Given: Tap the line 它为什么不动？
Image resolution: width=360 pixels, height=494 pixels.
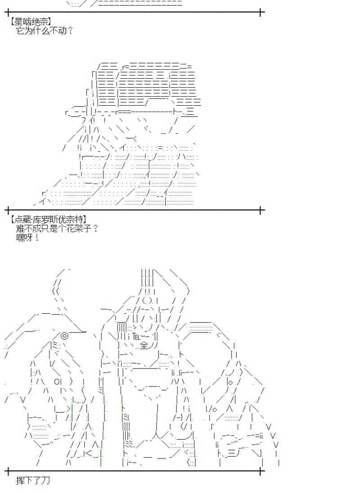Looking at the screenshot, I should click(x=44, y=31).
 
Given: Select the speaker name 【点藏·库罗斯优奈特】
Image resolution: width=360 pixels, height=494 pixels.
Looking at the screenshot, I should click(x=48, y=219).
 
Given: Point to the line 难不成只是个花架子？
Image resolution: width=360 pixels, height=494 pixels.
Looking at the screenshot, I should click(x=57, y=228).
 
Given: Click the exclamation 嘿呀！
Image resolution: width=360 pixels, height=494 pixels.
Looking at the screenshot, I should click(x=27, y=237).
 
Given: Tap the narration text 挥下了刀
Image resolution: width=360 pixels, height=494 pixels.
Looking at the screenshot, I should click(x=33, y=481).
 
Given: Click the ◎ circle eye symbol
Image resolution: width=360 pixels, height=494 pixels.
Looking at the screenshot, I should click(x=64, y=335).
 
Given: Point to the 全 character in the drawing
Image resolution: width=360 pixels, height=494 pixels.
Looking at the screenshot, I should click(x=144, y=346).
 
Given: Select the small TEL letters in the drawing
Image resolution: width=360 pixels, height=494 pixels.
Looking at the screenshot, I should click(x=137, y=336).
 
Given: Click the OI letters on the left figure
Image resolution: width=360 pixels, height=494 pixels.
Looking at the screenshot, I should click(x=58, y=382).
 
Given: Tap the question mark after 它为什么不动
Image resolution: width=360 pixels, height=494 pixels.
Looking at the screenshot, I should click(x=70, y=31).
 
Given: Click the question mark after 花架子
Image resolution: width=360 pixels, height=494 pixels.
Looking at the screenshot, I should click(x=95, y=228).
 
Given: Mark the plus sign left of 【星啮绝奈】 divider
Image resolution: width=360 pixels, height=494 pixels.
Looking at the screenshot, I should click(x=8, y=12).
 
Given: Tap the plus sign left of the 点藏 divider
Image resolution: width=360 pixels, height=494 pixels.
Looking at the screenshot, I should click(x=8, y=210).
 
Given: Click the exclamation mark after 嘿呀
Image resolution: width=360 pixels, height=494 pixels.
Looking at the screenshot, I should click(x=37, y=237).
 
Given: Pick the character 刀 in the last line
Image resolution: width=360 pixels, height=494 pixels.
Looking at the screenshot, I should click(x=45, y=481).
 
